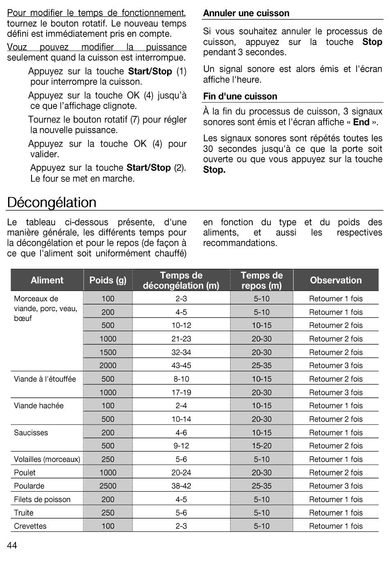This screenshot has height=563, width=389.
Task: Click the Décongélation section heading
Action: click(52, 202)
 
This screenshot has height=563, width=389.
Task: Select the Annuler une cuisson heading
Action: click(246, 13)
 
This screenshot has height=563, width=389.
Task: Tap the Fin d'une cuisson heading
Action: click(240, 96)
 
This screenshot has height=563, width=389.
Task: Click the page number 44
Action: click(12, 545)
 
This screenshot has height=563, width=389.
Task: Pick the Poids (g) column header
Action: click(108, 280)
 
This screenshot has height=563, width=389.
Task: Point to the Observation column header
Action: click(336, 280)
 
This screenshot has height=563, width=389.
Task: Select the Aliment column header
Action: click(47, 280)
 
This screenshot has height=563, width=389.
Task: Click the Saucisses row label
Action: click(31, 433)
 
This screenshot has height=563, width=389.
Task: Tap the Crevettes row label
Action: click(30, 526)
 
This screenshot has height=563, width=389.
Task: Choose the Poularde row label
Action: click(29, 486)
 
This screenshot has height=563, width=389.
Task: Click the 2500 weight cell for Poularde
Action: click(108, 486)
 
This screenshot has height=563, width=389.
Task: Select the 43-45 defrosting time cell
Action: click(181, 365)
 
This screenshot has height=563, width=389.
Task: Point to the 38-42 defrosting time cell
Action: click(181, 486)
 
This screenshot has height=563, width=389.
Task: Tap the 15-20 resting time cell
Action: click(261, 446)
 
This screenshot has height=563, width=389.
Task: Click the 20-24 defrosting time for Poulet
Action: click(181, 472)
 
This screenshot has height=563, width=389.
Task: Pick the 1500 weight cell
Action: click(108, 352)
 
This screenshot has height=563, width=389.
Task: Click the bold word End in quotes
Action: click(361, 122)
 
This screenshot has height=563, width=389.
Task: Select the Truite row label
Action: click(24, 513)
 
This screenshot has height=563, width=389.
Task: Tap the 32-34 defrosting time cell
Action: click(181, 352)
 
